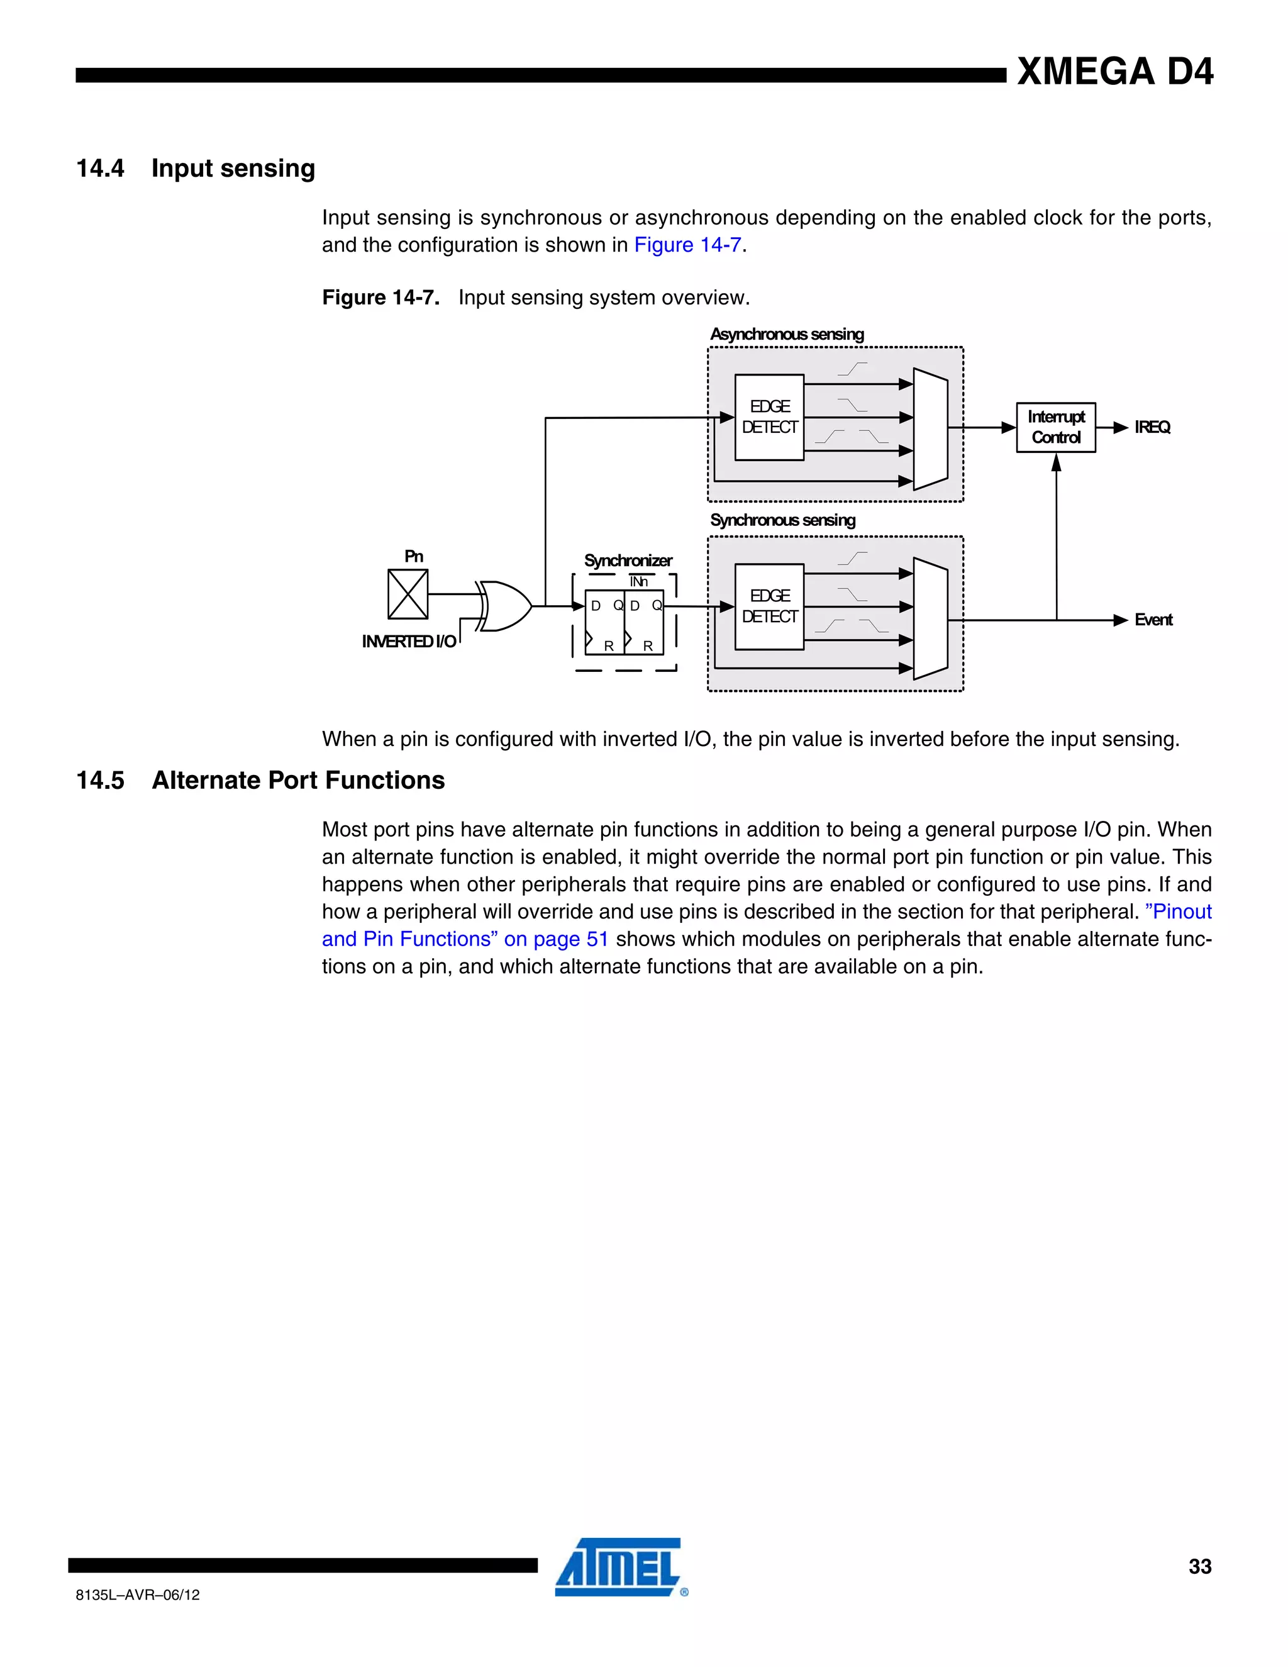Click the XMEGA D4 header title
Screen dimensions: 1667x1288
pos(1115,72)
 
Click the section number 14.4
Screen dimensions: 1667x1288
pos(100,168)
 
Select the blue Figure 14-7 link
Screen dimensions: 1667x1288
pos(687,245)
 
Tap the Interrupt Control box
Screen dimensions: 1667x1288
pos(1056,427)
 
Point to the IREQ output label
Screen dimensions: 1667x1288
pos(1152,427)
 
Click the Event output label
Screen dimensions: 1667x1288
pos(1153,620)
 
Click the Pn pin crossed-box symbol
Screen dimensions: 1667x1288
pos(408,594)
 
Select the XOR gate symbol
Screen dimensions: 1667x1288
pos(506,606)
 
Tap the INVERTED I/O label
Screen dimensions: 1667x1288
pos(409,642)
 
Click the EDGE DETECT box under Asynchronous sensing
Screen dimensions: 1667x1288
pos(769,418)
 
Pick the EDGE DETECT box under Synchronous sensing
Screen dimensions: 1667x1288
pos(769,607)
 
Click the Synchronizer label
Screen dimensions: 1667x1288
pos(628,561)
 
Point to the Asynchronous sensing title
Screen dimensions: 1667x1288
pos(787,334)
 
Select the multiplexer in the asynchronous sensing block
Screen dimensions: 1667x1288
pos(930,429)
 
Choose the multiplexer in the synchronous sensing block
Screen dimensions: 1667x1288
pos(930,618)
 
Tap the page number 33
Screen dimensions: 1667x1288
pos(1199,1566)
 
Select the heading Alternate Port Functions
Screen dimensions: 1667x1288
pos(298,780)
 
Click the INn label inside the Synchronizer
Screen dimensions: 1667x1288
pos(639,582)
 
